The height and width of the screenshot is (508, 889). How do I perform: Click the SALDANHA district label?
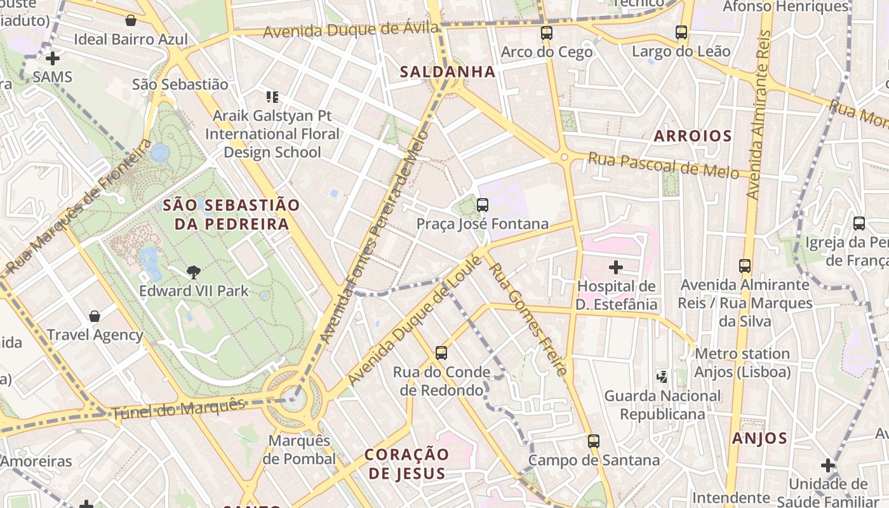[x=448, y=72]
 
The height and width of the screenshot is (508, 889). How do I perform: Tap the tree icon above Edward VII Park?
[x=194, y=272]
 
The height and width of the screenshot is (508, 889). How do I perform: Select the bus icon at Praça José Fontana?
[x=483, y=204]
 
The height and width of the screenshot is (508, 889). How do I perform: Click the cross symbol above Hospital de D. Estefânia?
[x=616, y=267]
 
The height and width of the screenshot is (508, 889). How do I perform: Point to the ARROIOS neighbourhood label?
[x=693, y=136]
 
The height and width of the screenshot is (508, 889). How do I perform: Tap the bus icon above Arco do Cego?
[x=546, y=33]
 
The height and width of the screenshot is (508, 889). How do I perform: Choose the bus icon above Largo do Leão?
[x=681, y=32]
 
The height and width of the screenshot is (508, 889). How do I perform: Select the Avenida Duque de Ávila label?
[x=351, y=29]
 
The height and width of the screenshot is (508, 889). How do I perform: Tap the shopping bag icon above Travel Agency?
[x=95, y=316]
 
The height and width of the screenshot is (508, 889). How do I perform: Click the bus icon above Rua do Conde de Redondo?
[x=441, y=352]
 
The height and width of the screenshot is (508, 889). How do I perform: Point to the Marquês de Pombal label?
[x=299, y=450]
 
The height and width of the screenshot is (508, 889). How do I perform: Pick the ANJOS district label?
[x=759, y=438]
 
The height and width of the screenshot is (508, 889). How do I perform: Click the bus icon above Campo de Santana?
[x=594, y=441]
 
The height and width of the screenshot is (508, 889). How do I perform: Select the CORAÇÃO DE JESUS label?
[x=407, y=464]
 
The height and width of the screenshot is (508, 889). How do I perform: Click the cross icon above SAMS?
[x=53, y=58]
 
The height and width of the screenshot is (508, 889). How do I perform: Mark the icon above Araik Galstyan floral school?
[x=272, y=97]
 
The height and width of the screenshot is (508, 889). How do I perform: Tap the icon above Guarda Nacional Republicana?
[x=662, y=377]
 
